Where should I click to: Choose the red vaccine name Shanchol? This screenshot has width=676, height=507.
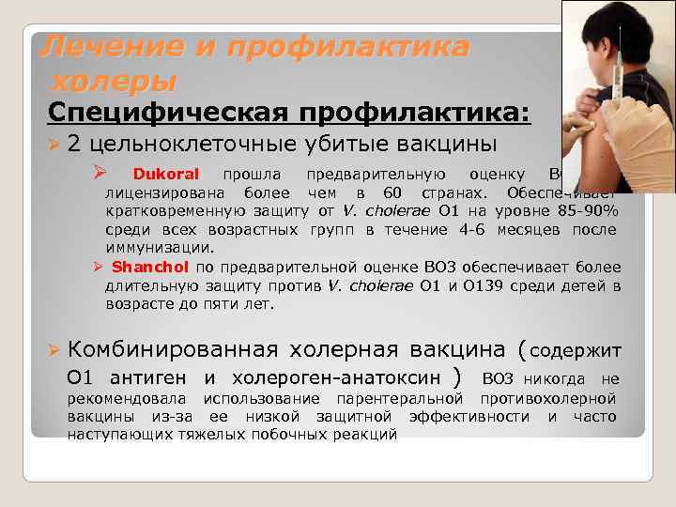[150, 267]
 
